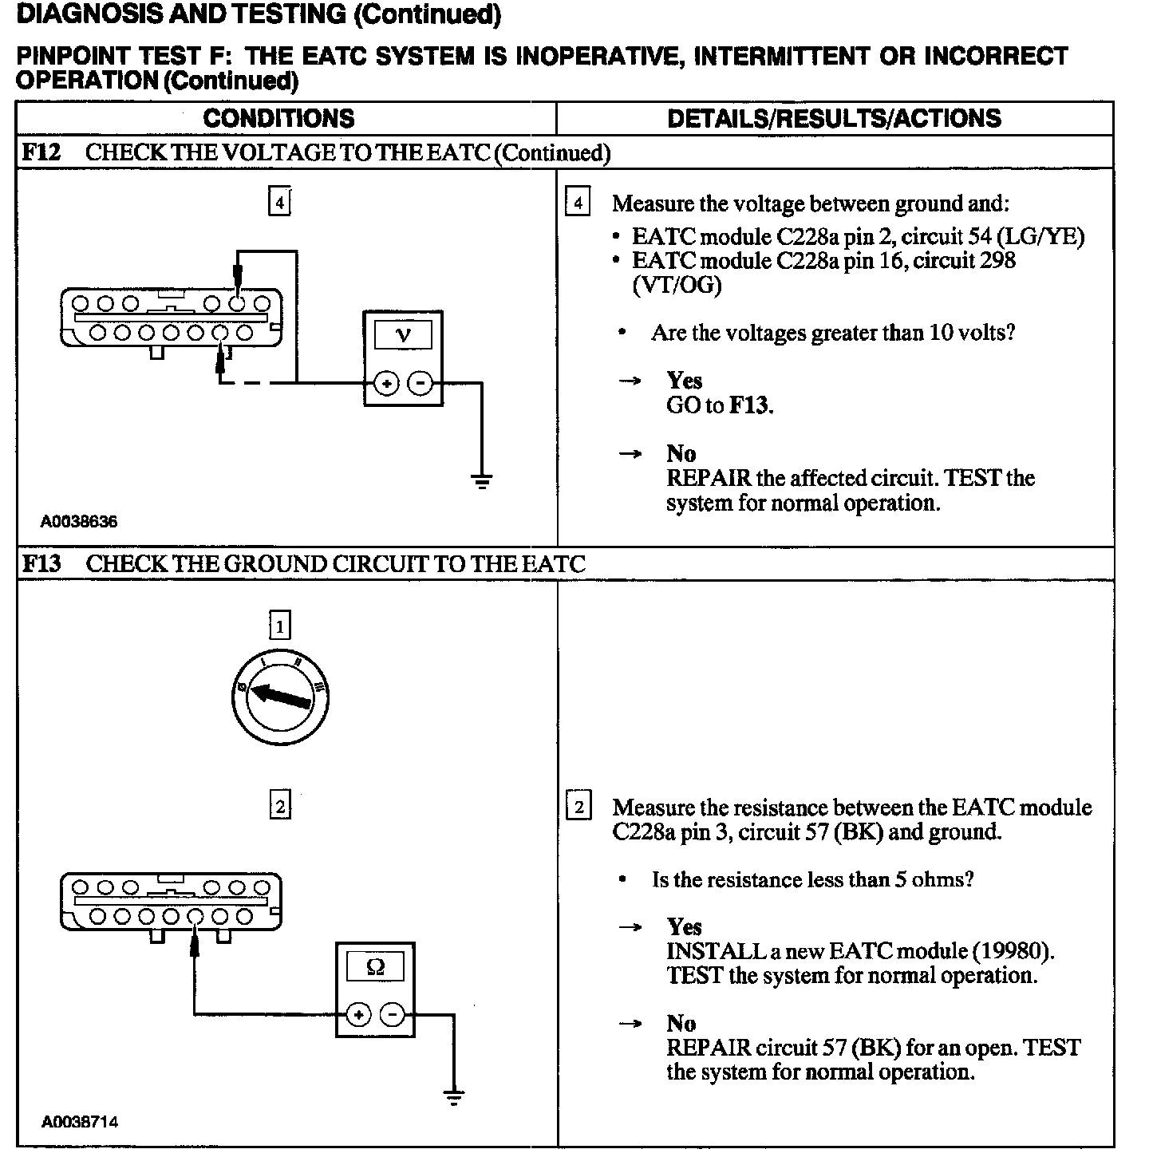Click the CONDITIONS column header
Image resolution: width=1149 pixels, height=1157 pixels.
(278, 119)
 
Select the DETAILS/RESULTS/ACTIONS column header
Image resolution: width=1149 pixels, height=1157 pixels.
(834, 119)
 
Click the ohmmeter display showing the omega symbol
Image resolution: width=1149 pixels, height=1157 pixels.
(375, 967)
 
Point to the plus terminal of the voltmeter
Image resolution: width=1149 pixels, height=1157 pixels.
(386, 384)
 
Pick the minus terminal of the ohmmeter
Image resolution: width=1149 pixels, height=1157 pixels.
(393, 1015)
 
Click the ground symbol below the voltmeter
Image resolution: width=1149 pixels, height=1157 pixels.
(482, 480)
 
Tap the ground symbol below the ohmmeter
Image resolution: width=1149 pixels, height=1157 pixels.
(454, 1097)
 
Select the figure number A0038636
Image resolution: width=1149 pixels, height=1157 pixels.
(80, 522)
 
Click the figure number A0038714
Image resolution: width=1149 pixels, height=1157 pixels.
(80, 1121)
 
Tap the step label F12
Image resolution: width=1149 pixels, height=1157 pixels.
(41, 152)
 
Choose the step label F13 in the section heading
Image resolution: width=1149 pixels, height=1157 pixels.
(41, 564)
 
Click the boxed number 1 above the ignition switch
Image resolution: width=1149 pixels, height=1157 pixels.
(280, 626)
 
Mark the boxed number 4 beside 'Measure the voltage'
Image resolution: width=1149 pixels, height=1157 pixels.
(578, 203)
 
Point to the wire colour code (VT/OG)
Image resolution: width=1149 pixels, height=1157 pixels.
(677, 286)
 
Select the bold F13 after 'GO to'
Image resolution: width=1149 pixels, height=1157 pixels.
(750, 406)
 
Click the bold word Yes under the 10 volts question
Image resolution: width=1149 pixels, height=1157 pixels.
(685, 380)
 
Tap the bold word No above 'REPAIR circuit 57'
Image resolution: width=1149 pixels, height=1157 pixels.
(682, 1023)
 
